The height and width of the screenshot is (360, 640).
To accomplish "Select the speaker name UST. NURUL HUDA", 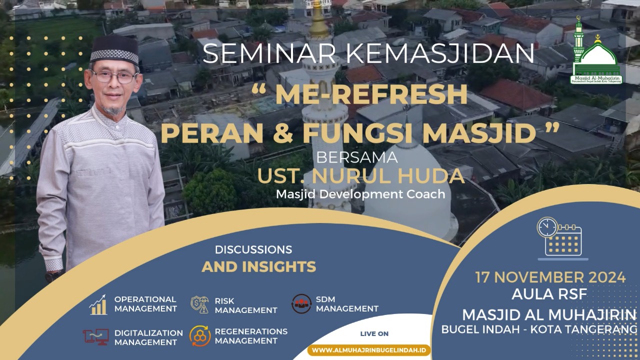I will click(361, 176).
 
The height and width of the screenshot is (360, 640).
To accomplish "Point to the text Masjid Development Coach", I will click(360, 194).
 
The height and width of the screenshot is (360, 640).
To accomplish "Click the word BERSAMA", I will click(357, 157).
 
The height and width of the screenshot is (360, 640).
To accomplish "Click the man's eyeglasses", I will click(114, 76).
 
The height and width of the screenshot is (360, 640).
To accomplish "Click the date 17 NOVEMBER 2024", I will click(550, 277).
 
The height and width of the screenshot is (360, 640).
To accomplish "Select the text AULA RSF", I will click(549, 294).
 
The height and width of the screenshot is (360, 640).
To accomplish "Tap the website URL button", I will click(369, 350).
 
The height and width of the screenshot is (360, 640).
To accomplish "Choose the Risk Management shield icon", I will click(199, 304).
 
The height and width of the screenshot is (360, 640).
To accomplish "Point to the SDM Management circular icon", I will click(301, 303).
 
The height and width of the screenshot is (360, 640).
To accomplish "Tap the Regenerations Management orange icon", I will click(199, 336).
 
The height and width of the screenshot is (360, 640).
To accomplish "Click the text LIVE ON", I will click(374, 333).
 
